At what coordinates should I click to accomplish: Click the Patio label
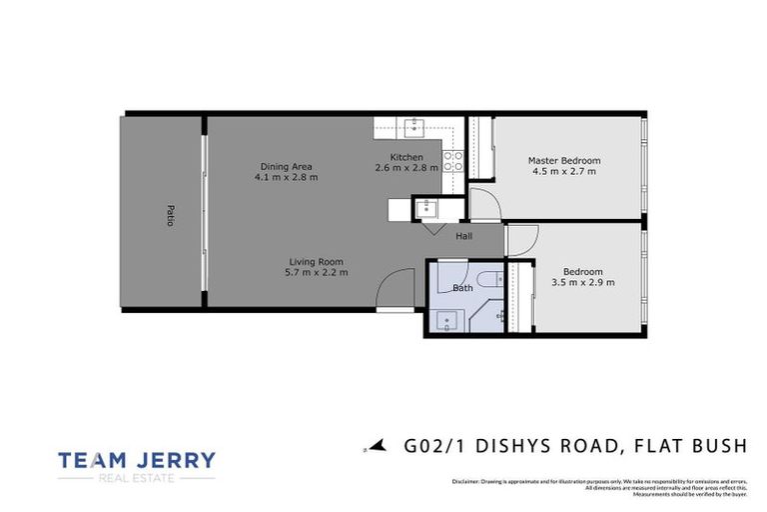point(170,215)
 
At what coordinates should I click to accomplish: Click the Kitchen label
point(406,157)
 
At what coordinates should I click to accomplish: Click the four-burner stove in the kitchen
point(453,160)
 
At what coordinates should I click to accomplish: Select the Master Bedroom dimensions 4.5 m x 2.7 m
point(564,172)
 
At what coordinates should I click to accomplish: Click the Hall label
point(464,236)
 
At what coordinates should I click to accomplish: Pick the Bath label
point(462,288)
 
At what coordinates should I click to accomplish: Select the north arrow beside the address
point(376,447)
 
